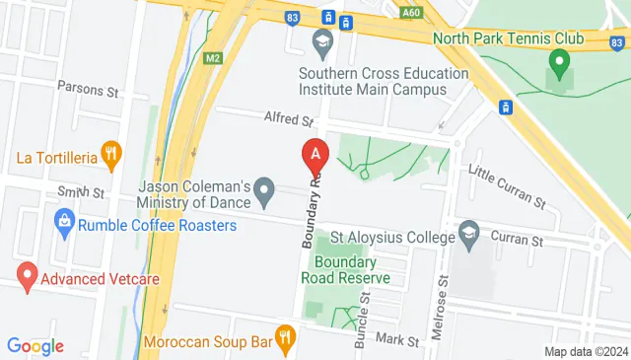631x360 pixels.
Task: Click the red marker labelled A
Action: click(315, 154)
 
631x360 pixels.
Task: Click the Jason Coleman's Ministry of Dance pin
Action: click(263, 188)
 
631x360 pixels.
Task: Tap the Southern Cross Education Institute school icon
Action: click(321, 41)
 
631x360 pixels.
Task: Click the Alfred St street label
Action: click(288, 120)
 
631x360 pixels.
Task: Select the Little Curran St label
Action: click(507, 185)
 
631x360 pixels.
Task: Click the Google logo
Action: click(35, 345)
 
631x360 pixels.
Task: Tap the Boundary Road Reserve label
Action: click(345, 270)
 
